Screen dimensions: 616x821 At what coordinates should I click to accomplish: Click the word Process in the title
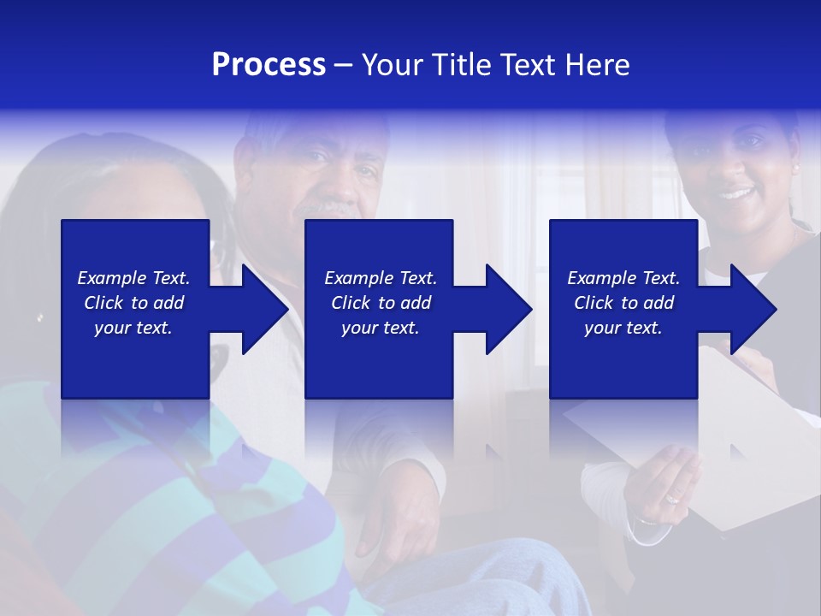269,65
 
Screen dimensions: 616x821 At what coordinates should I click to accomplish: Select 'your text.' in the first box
133,328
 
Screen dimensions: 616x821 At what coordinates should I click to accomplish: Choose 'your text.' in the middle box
381,328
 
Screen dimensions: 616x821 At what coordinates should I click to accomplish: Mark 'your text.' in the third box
623,328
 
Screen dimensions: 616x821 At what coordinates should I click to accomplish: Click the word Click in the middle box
350,303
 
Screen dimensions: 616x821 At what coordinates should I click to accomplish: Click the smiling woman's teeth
735,193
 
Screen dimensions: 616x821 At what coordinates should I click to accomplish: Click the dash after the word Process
344,65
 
